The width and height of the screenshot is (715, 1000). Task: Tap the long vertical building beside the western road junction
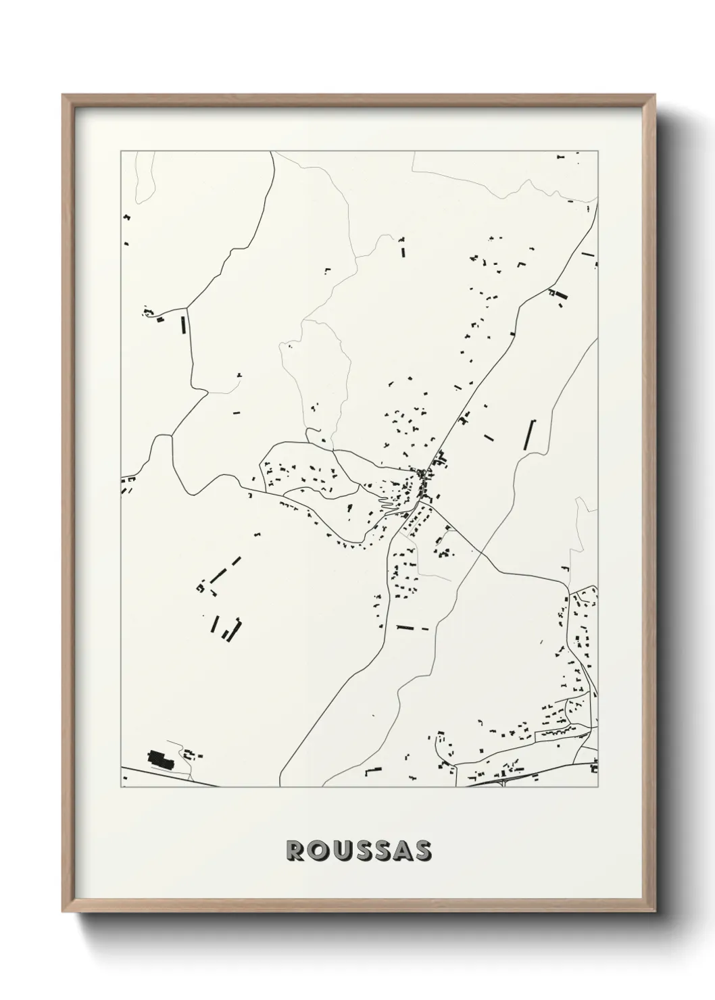[183, 324]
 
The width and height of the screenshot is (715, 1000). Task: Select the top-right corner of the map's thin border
[598, 151]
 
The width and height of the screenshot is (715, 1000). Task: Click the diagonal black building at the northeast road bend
[559, 295]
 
